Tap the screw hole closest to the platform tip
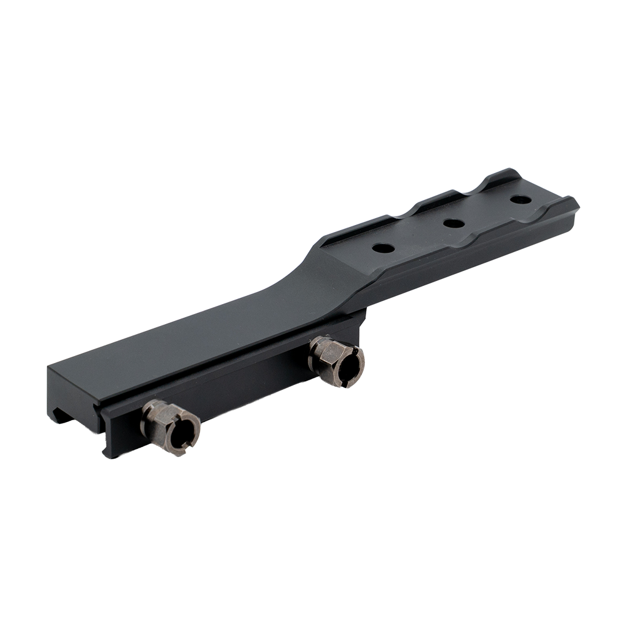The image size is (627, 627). pyautogui.click(x=520, y=200)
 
